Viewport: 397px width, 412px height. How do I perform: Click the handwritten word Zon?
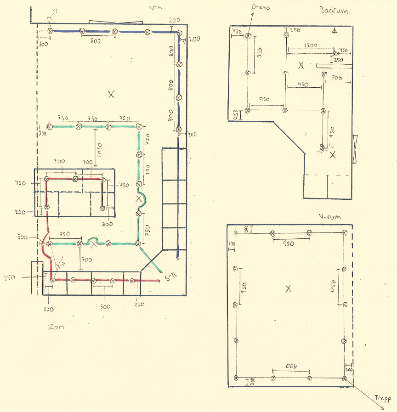[56, 327]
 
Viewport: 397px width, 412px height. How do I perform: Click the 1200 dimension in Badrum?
[311, 46]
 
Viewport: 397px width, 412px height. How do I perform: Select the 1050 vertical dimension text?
[98, 153]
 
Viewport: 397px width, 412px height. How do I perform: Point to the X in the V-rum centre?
[289, 288]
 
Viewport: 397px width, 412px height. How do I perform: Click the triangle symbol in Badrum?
[335, 31]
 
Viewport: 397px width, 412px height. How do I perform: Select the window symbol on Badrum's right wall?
[355, 148]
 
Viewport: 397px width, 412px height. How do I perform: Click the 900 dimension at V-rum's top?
[289, 244]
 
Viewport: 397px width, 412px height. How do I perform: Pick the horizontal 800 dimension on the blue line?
[96, 41]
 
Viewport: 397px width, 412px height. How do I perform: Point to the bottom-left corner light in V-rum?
[236, 378]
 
